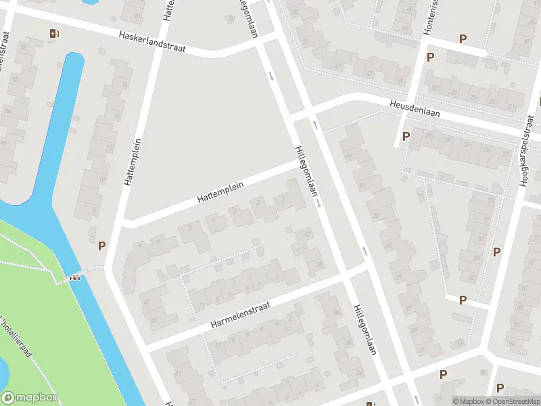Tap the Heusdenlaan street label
pyautogui.click(x=415, y=109)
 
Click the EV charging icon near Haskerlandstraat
pyautogui.click(x=54, y=33)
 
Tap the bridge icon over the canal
pyautogui.click(x=75, y=276)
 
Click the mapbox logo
pyautogui.click(x=30, y=398)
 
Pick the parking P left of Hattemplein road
pyautogui.click(x=102, y=246)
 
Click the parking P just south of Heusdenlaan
pyautogui.click(x=406, y=137)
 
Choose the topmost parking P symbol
pyautogui.click(x=463, y=39)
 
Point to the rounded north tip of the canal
pyautogui.click(x=74, y=58)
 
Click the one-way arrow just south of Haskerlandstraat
pyautogui.click(x=272, y=76)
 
